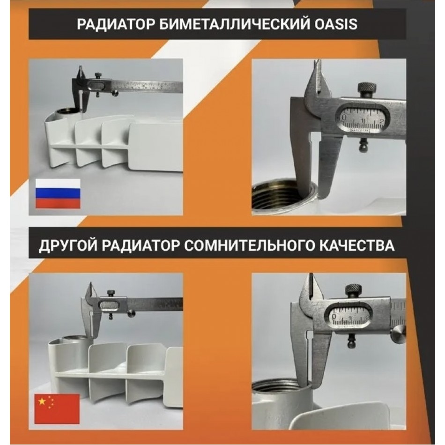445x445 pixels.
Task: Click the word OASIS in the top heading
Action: point(335,24)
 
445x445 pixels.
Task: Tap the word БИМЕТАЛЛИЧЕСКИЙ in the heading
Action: point(235,24)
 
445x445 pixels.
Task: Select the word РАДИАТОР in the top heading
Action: point(116,24)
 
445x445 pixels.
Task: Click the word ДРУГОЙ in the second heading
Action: point(68,245)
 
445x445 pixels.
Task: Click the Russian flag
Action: point(58,194)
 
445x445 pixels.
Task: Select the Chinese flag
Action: point(57,408)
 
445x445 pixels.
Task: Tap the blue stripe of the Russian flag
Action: point(58,194)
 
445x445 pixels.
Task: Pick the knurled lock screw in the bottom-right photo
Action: point(353,290)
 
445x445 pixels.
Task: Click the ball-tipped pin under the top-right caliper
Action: point(363,146)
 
